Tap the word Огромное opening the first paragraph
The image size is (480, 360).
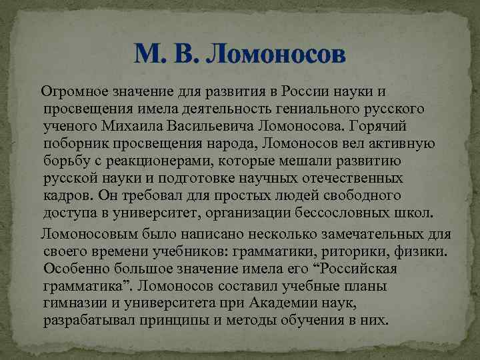point(73,91)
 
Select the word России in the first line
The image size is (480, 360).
point(306,91)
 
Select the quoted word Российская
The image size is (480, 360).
point(357,269)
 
